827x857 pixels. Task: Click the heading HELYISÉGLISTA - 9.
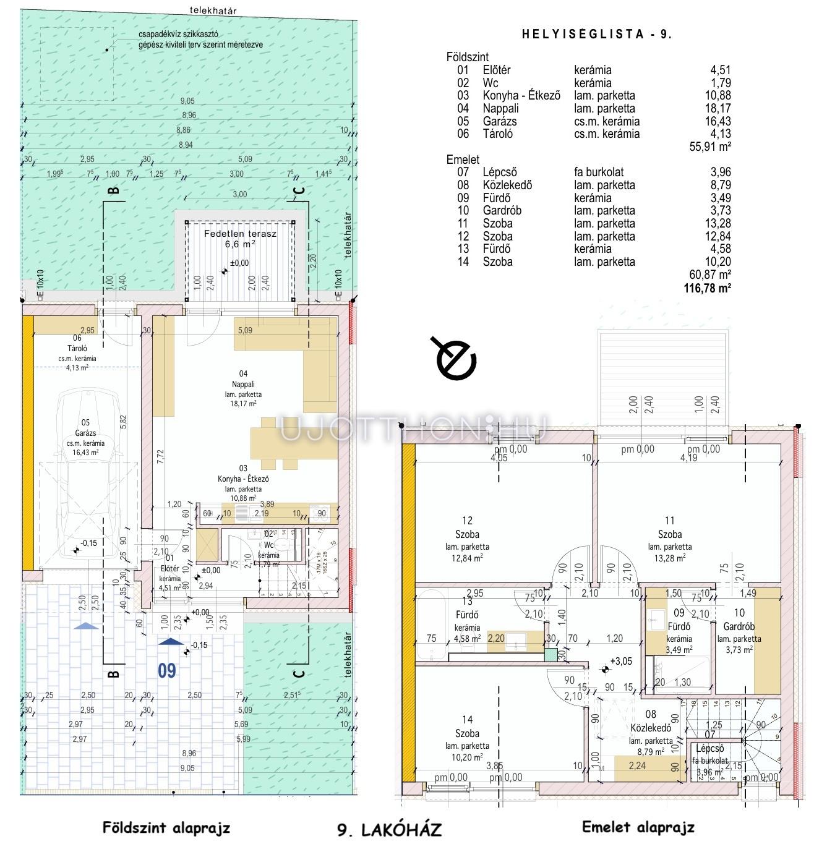point(596,35)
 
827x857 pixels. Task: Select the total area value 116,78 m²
point(707,288)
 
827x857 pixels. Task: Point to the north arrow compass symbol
point(456,359)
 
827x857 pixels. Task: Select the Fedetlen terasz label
point(240,234)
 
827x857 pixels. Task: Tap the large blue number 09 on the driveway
point(166,670)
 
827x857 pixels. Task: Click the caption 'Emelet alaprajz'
point(638,827)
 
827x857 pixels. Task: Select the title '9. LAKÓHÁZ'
point(390,829)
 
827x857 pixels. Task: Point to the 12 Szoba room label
point(467,534)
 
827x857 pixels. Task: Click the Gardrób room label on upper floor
point(739,639)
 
